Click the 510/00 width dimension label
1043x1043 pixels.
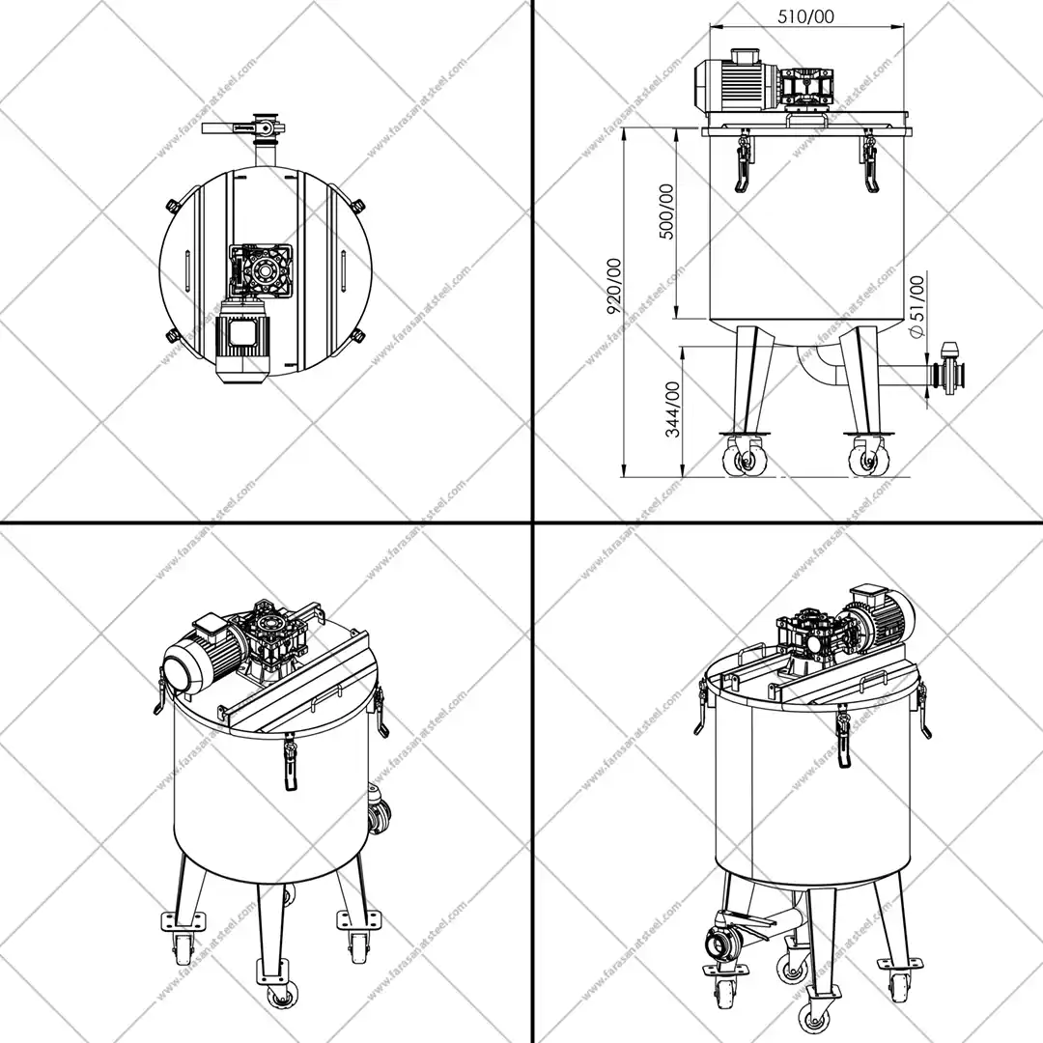pyautogui.click(x=805, y=16)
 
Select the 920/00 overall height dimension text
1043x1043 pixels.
pyautogui.click(x=614, y=286)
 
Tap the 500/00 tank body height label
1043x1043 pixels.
pyautogui.click(x=665, y=211)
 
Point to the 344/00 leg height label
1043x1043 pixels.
pyautogui.click(x=672, y=409)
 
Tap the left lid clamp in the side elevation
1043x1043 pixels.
pyautogui.click(x=743, y=162)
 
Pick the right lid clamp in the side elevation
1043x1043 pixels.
pyautogui.click(x=869, y=162)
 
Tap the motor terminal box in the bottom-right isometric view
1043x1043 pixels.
pyautogui.click(x=869, y=593)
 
